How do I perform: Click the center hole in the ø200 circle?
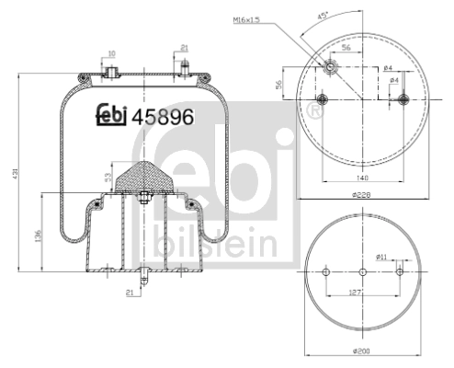363,272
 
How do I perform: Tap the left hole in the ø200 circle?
327,272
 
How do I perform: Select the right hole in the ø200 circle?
399,272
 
